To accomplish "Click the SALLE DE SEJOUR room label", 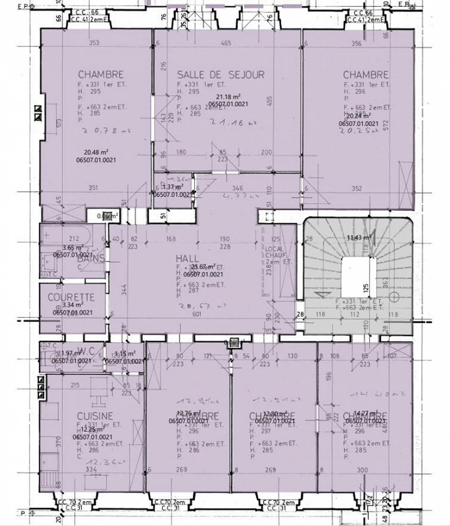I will coord(221,75).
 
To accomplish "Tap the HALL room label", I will coord(187,259).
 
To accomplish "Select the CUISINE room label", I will coord(95,416).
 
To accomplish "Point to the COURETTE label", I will coord(71,297).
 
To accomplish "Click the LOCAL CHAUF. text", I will coord(274,252).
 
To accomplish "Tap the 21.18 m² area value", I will coord(228,97).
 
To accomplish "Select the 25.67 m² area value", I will coord(203,267).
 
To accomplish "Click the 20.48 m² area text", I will coord(96,152).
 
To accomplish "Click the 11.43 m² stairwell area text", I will coord(358,238).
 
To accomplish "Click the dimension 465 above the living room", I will coord(226,43).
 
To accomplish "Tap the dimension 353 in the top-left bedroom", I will coord(94,43).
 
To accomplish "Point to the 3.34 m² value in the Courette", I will coord(73,305).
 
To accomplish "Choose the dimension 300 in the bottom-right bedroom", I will coord(362,470).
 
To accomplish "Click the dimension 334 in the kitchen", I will coord(91,469).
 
